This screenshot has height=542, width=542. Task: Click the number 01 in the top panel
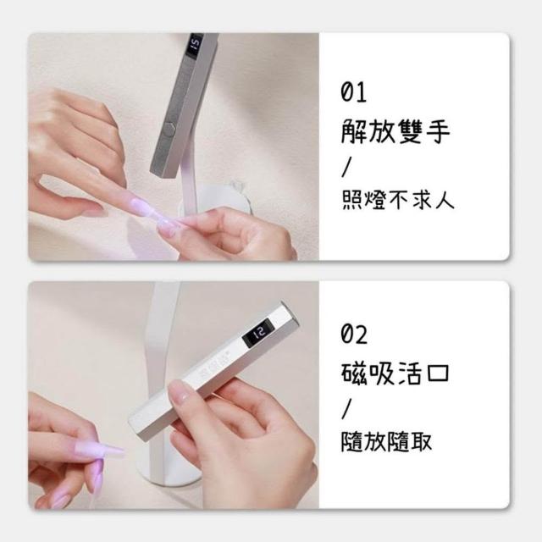coord(353,92)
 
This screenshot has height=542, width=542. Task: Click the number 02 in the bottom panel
coord(354,334)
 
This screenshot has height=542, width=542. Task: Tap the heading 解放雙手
coord(395,131)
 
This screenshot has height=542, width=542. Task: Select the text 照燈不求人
coord(397,200)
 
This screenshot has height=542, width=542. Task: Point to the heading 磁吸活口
coord(395,373)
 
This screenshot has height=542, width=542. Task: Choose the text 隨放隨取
coord(386,441)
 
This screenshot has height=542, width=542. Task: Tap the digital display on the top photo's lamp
coord(195,45)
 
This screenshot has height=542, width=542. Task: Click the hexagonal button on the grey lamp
coord(169,130)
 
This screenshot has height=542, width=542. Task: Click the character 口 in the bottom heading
coord(438,373)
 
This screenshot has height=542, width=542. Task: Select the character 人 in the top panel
coord(445,200)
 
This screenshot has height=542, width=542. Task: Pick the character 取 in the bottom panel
coord(421,442)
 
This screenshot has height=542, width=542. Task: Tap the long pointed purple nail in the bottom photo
coord(108,452)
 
